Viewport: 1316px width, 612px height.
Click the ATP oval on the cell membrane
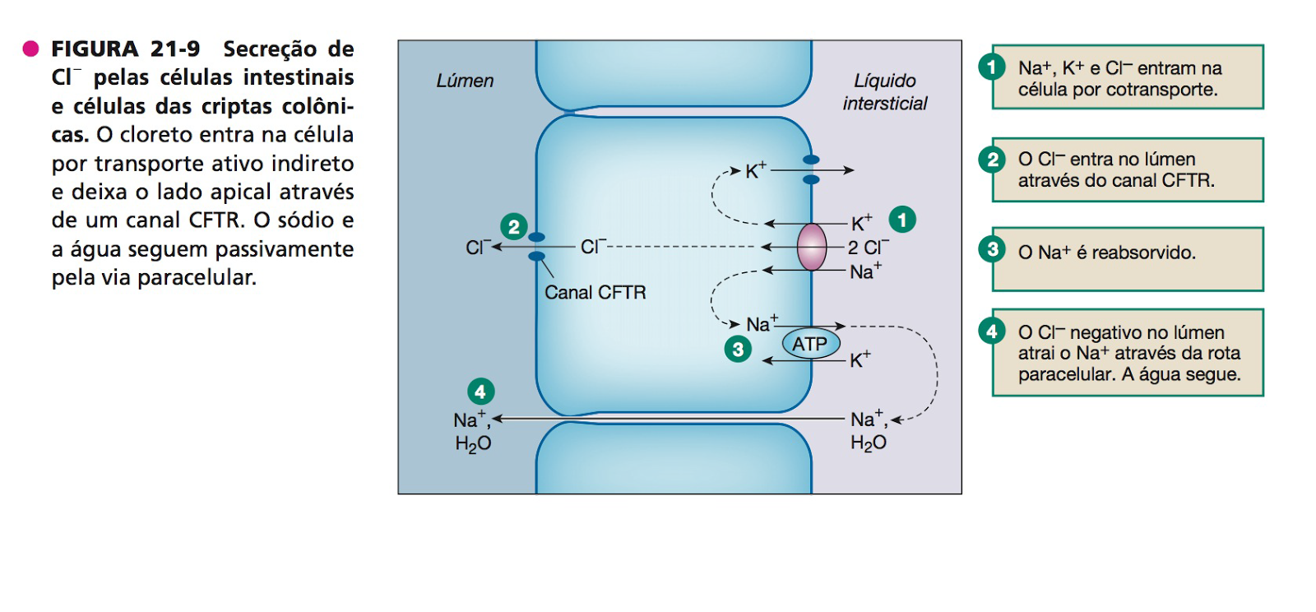[810, 344]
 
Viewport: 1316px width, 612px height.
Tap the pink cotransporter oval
[812, 247]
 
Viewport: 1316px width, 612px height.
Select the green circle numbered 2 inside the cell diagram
[514, 226]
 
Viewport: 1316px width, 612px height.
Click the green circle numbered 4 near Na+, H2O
[480, 392]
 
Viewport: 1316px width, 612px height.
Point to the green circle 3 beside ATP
[738, 350]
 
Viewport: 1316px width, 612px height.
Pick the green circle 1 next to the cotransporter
[902, 220]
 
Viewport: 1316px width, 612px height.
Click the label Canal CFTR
[595, 293]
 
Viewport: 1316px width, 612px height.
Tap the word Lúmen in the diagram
[465, 81]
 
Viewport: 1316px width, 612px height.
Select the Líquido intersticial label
[885, 92]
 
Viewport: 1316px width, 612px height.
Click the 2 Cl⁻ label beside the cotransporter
[869, 248]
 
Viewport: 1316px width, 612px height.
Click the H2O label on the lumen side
[473, 444]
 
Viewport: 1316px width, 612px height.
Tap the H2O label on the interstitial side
[869, 443]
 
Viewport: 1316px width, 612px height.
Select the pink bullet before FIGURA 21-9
[31, 49]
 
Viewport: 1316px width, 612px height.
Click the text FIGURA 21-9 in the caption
[125, 49]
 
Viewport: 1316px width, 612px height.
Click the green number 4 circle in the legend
[992, 331]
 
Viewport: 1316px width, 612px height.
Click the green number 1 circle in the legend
[992, 66]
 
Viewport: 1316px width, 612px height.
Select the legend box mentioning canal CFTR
[1128, 169]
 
